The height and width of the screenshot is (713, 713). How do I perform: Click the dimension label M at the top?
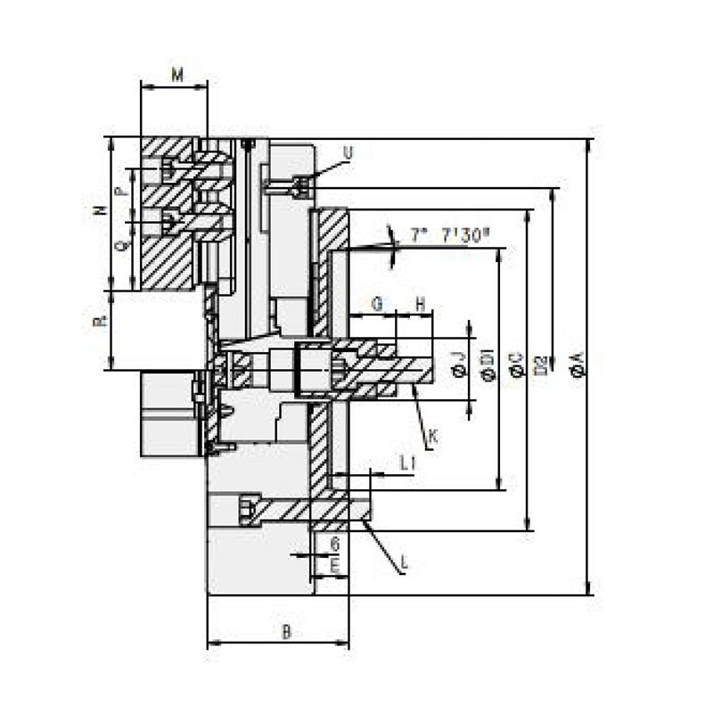(176, 74)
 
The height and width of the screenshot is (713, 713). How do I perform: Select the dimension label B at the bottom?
(286, 633)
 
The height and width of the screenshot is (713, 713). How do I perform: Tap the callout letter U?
(348, 152)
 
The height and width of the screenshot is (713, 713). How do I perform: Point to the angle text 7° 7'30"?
(451, 235)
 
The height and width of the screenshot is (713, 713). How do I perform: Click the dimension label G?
(377, 303)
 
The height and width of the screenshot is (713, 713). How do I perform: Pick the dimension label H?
(420, 303)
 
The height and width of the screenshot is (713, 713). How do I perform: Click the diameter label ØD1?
(487, 365)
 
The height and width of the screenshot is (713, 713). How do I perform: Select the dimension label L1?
(408, 463)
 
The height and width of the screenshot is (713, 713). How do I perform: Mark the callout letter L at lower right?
(405, 562)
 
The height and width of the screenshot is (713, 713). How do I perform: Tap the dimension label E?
(334, 566)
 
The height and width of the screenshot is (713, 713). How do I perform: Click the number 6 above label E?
(334, 543)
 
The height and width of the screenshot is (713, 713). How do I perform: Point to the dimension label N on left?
(101, 211)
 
